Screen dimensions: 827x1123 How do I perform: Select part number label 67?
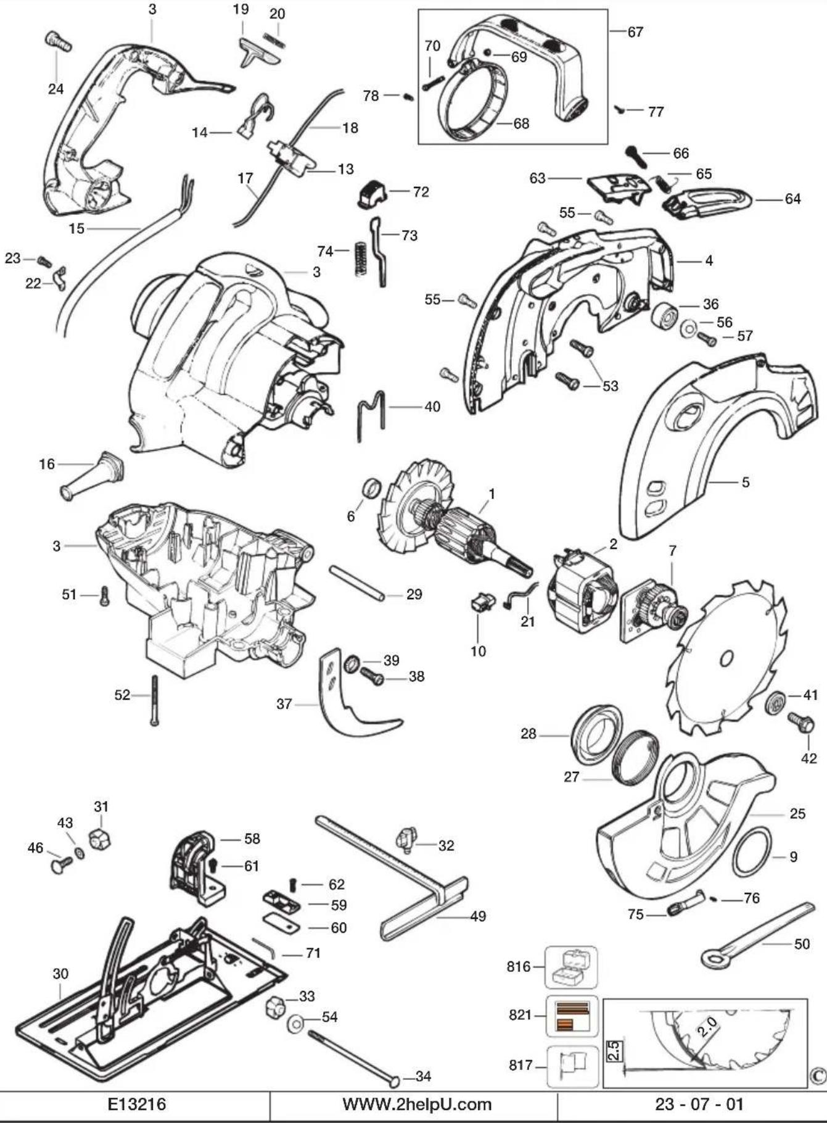click(635, 31)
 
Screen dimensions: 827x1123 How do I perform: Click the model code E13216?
click(137, 1104)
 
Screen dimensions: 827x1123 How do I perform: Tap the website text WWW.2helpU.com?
click(417, 1104)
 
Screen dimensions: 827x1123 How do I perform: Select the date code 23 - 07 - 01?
click(699, 1104)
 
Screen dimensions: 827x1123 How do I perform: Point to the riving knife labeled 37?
click(355, 694)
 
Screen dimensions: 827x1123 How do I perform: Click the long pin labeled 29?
click(357, 582)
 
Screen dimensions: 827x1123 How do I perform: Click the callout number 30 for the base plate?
click(60, 974)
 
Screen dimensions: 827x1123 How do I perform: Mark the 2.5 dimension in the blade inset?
click(614, 1050)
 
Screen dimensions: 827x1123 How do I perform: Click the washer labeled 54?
click(296, 1024)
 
